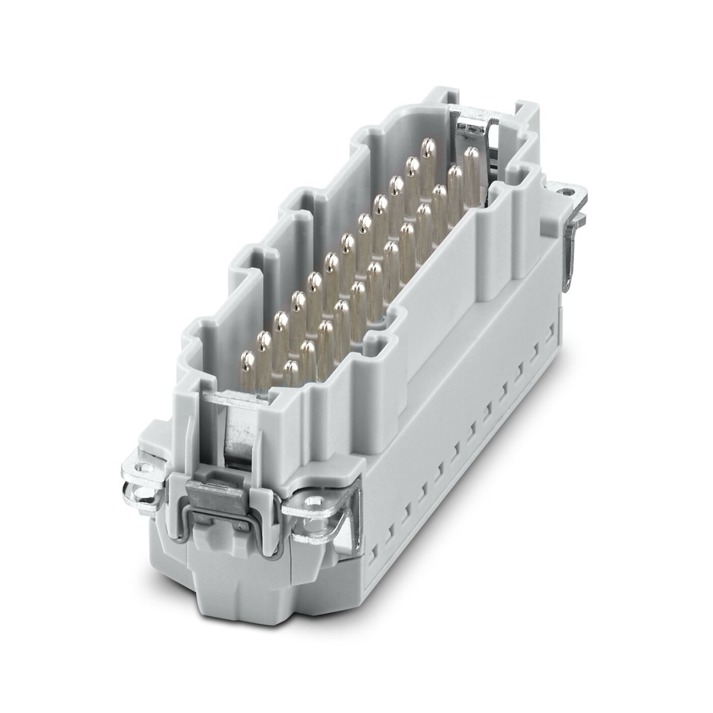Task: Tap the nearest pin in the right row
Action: (x=291, y=374)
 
